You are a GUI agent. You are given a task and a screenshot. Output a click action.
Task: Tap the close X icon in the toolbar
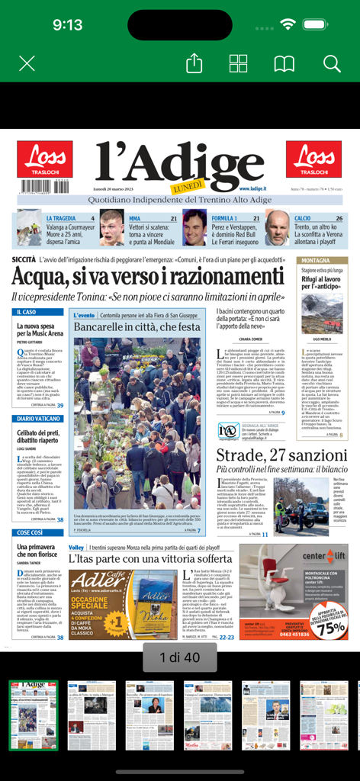point(27,63)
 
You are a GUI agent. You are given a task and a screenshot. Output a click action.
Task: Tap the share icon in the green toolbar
point(194,63)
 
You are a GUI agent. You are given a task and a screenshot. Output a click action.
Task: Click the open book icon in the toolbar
point(284,63)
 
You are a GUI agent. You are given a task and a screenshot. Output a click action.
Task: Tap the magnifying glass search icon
point(332,63)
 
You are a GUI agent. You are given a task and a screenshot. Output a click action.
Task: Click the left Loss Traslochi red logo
point(45,159)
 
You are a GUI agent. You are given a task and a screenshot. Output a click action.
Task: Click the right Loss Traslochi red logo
point(313,159)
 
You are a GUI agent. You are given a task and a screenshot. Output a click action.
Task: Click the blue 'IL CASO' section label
point(26,312)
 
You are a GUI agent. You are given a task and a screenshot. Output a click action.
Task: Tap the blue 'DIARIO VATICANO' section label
point(37,419)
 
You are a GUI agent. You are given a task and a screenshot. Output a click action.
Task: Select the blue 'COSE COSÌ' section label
point(31,532)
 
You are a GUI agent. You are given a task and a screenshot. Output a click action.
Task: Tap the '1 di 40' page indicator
point(180,657)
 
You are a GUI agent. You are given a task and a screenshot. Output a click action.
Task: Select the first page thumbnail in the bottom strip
point(34,715)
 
